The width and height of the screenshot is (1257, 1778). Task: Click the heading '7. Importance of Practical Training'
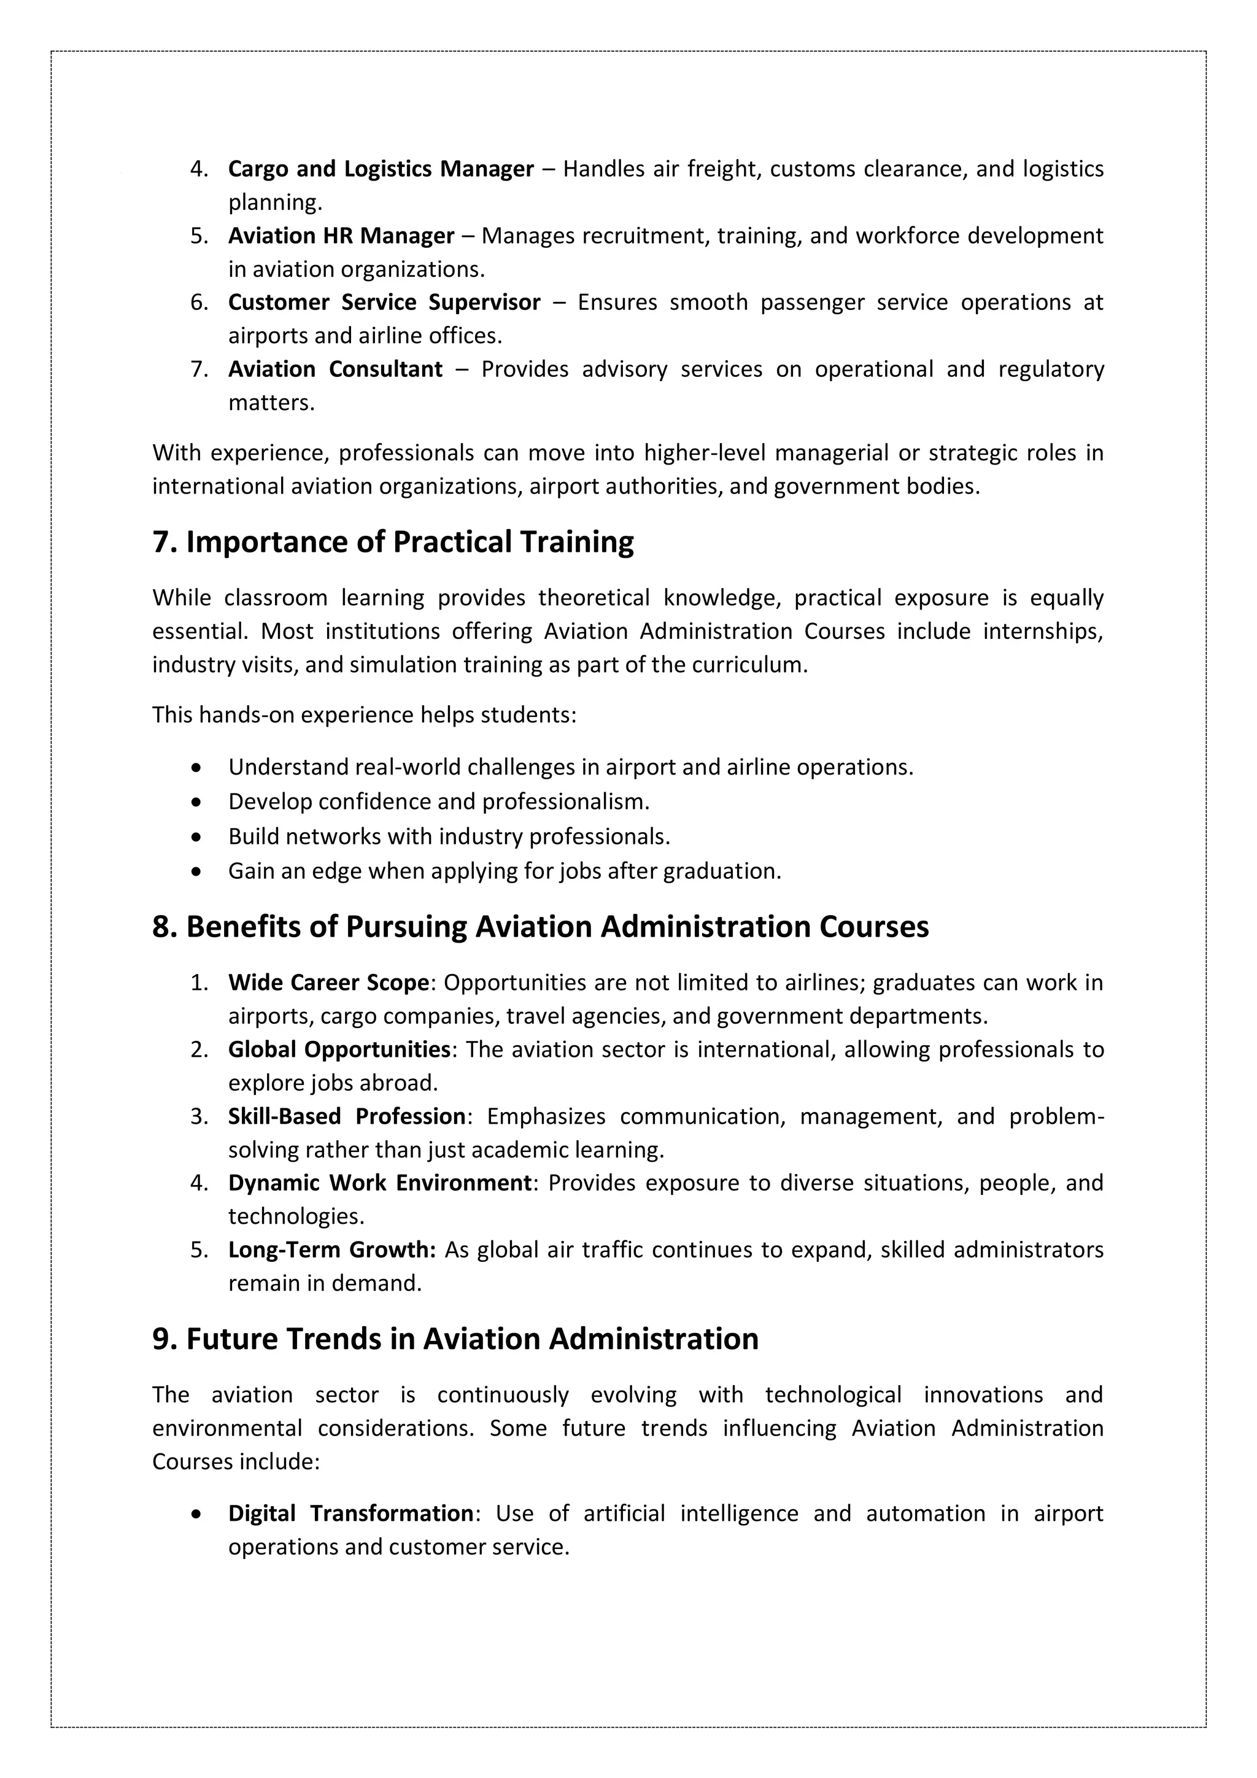393,542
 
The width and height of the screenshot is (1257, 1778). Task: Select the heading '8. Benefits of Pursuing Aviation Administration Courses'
540,927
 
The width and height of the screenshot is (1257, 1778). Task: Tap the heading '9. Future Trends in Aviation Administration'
455,1339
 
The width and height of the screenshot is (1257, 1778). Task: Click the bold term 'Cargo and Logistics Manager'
381,169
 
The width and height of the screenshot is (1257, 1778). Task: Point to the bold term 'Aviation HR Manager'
341,236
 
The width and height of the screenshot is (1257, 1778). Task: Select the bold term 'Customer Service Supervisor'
384,302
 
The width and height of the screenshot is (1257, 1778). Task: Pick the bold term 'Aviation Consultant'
335,369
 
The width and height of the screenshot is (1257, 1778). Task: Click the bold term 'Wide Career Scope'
328,983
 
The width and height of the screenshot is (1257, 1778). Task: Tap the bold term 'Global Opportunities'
338,1049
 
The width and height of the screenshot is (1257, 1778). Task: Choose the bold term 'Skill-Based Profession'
346,1116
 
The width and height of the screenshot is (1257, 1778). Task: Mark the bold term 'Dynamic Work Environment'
379,1183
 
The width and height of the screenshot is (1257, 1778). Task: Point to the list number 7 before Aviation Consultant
199,369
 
